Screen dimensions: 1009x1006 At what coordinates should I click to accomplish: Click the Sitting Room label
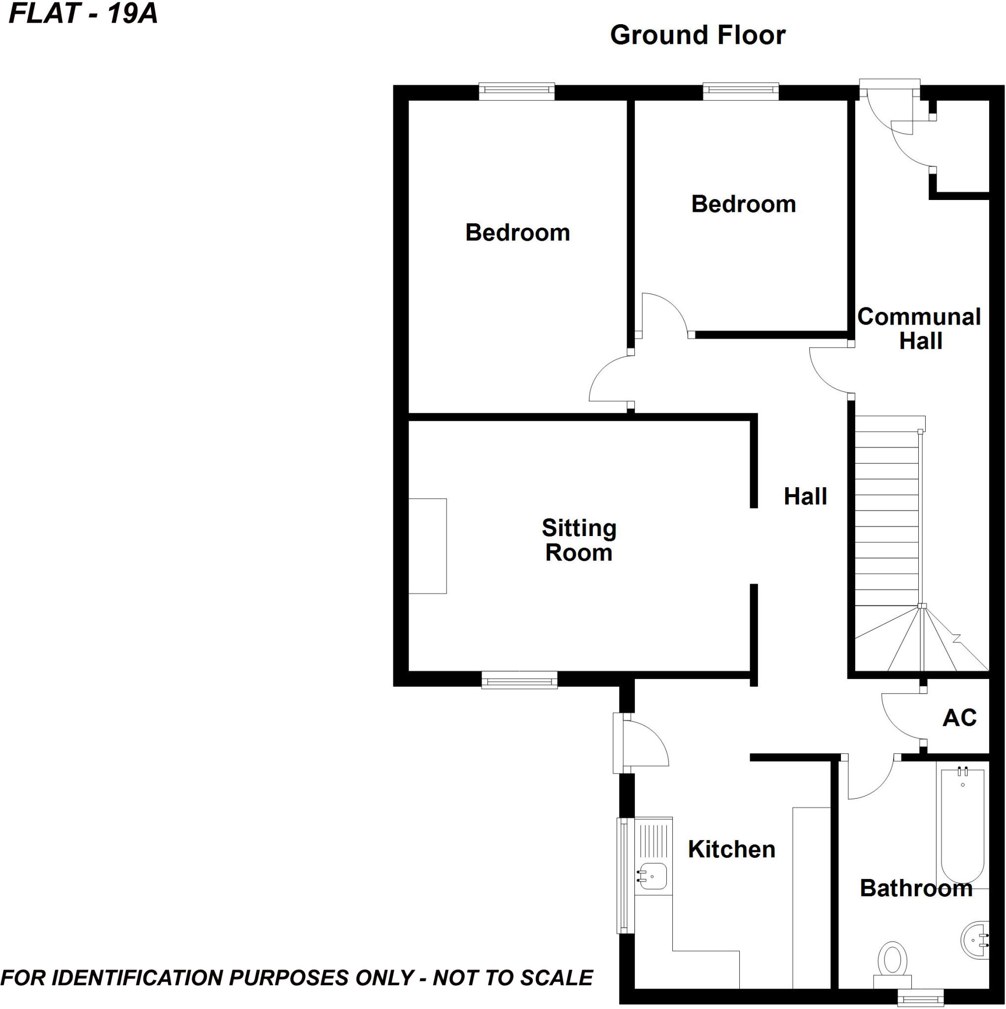[579, 540]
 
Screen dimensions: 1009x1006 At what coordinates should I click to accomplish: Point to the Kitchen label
[731, 849]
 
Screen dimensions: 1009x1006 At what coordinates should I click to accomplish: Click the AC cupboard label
[960, 718]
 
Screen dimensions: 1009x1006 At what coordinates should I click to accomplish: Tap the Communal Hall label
[919, 329]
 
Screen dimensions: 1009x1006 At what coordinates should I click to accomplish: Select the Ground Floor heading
[697, 35]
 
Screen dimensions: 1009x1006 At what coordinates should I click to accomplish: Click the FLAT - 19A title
[83, 14]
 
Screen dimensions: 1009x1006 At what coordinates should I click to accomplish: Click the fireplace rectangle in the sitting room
[427, 546]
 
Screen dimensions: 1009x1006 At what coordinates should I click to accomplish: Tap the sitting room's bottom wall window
[519, 680]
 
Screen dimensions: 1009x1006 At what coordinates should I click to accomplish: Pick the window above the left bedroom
[517, 92]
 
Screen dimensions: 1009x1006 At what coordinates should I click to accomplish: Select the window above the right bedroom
[740, 92]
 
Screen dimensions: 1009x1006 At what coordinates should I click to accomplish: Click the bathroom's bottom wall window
[920, 998]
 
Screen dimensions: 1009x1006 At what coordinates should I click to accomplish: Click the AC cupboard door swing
[901, 715]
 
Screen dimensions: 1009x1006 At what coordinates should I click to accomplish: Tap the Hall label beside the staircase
[805, 496]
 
